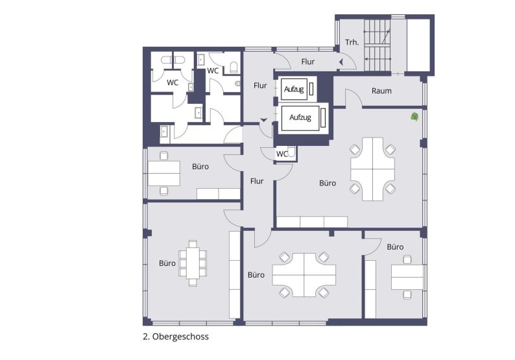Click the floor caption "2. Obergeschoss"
pyautogui.click(x=175, y=337)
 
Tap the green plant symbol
pyautogui.click(x=414, y=117)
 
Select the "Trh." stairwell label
pyautogui.click(x=352, y=42)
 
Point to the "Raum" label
pyautogui.click(x=381, y=91)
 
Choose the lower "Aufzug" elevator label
pyautogui.click(x=300, y=117)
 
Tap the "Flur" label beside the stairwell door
pyautogui.click(x=307, y=62)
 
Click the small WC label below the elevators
pyautogui.click(x=281, y=154)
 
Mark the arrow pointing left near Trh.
pyautogui.click(x=340, y=62)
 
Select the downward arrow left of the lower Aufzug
pyautogui.click(x=263, y=120)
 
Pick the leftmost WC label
pyautogui.click(x=173, y=82)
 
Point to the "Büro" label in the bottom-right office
pyautogui.click(x=395, y=247)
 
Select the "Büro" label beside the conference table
pyautogui.click(x=167, y=263)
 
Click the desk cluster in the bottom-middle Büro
pyautogui.click(x=304, y=274)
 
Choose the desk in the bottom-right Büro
pyautogui.click(x=407, y=277)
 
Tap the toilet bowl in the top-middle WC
pyautogui.click(x=233, y=66)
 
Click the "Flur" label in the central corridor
pyautogui.click(x=257, y=181)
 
